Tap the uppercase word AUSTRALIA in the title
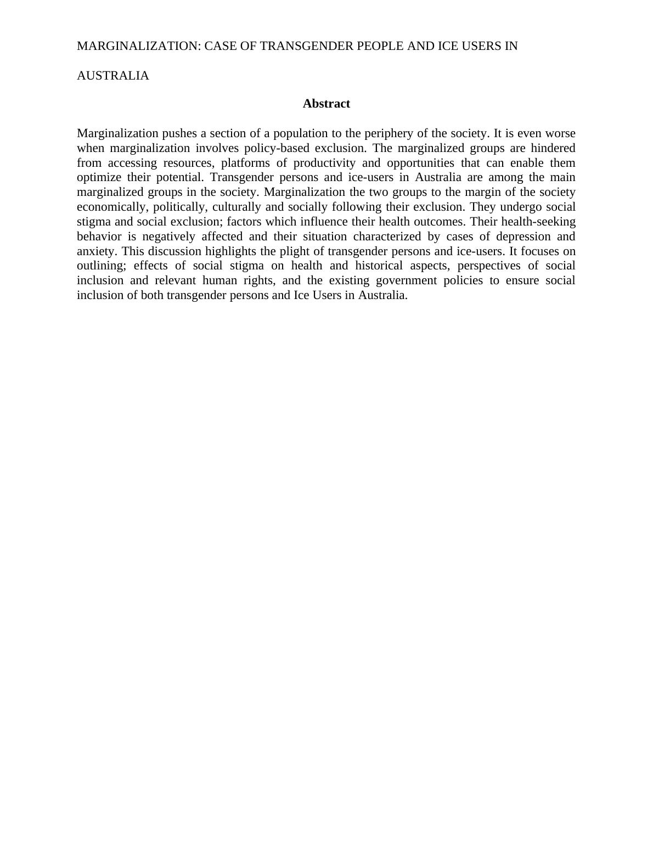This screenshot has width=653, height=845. coord(112,76)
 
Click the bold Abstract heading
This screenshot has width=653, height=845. coord(326,104)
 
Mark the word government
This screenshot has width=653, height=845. coord(406,280)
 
